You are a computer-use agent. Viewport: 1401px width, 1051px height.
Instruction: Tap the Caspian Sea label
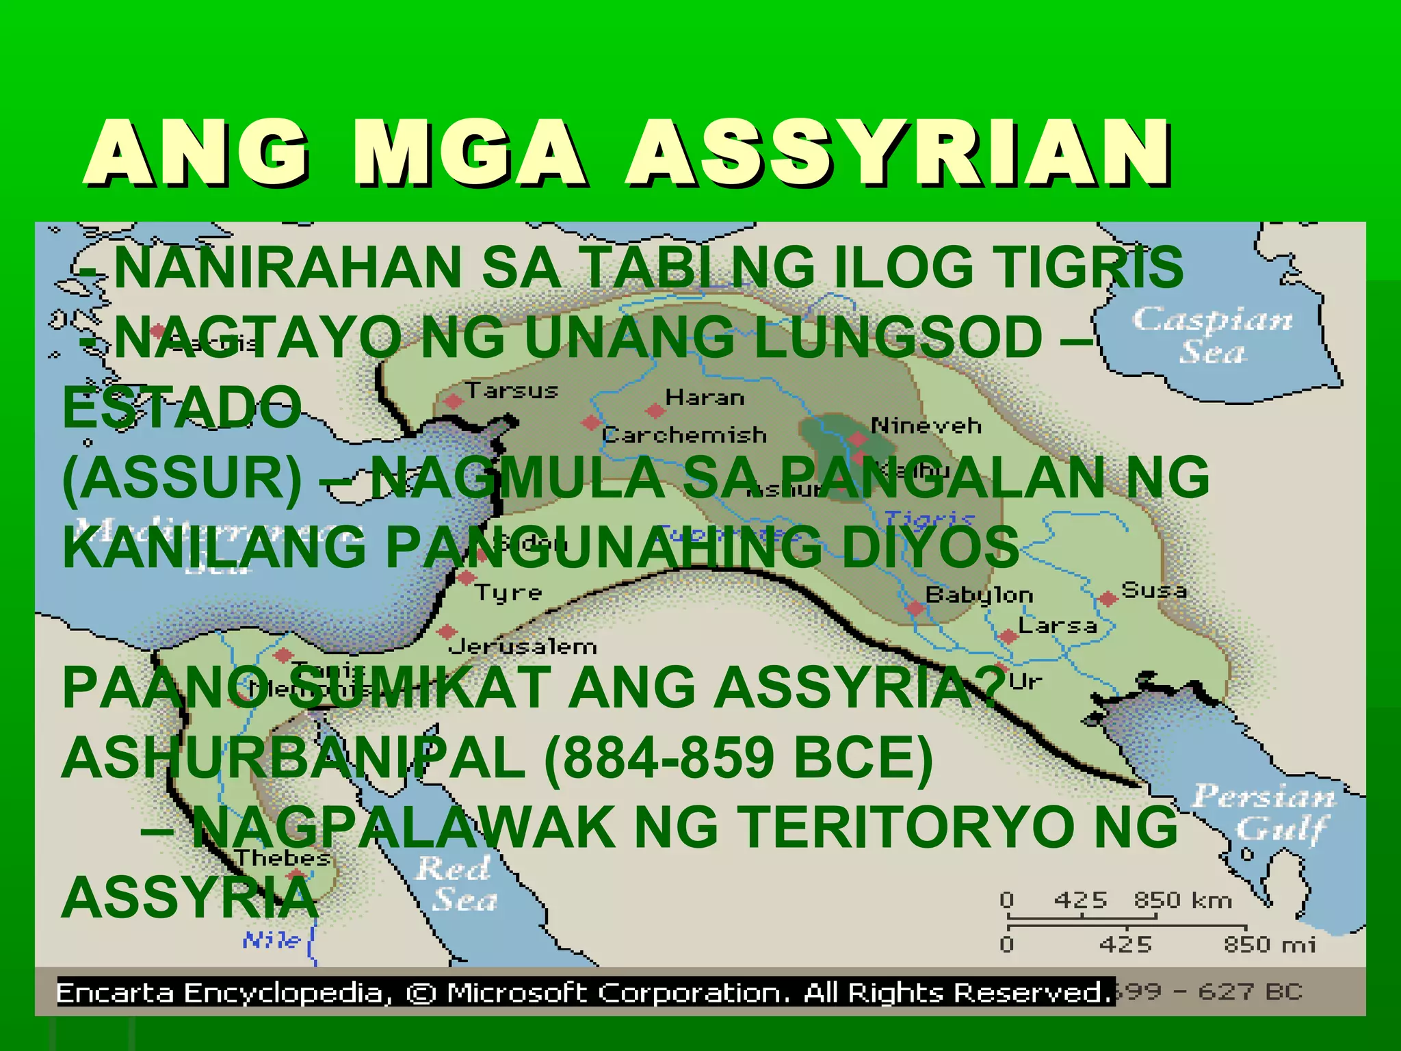(1212, 335)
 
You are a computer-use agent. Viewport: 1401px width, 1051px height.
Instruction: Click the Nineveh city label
(926, 426)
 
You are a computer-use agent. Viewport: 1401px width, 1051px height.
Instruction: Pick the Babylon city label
(979, 595)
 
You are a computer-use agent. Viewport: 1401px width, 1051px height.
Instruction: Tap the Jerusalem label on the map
(523, 647)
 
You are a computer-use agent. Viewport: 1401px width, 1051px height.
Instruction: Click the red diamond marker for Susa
(1108, 599)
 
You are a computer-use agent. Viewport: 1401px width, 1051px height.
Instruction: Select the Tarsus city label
(512, 391)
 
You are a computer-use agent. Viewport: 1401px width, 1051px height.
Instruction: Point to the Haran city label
(705, 398)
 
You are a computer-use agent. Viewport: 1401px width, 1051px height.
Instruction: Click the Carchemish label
(684, 435)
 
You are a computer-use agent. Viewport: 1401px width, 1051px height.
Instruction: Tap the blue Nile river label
(272, 940)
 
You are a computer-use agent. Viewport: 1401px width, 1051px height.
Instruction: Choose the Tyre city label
(508, 593)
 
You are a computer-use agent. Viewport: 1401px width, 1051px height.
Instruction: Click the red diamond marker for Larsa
(1007, 636)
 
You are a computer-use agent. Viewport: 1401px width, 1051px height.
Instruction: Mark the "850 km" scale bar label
(1182, 900)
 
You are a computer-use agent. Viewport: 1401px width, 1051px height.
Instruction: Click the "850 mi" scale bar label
(1269, 945)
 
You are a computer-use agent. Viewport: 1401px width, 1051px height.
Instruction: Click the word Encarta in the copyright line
(115, 992)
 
